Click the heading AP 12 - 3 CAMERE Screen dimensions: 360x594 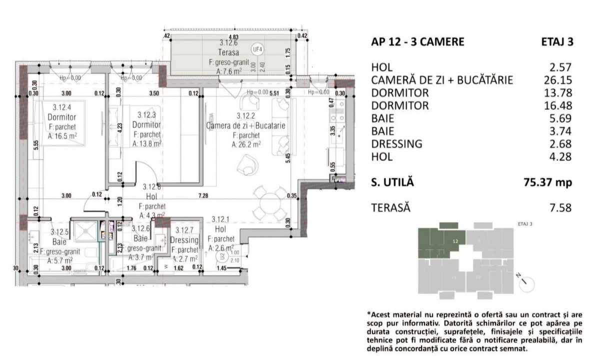418,42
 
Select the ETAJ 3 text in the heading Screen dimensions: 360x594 556,42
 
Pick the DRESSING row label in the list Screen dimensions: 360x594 397,144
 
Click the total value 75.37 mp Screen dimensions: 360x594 547,182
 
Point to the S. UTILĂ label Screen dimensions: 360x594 393,182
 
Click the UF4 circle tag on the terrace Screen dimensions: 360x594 258,49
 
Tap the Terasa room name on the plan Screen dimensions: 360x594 228,52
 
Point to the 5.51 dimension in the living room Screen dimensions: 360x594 274,92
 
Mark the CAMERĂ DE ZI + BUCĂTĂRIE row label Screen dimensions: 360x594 442,80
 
